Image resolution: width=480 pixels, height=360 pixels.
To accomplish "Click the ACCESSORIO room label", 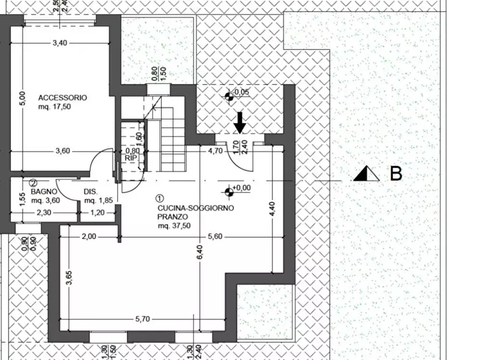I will (62, 98).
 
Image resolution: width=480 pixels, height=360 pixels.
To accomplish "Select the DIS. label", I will (90, 191).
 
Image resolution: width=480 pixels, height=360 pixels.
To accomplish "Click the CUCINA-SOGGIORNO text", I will (196, 208).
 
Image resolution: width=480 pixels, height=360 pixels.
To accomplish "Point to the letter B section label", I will (396, 174).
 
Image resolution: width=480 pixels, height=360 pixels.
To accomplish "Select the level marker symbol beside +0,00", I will (230, 190).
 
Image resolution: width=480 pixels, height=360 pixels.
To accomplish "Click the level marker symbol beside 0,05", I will (229, 96).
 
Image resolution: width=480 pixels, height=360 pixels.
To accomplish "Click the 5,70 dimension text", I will (142, 319).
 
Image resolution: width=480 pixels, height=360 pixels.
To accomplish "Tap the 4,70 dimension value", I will (215, 151).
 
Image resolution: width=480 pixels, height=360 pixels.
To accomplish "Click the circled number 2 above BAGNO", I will (33, 183).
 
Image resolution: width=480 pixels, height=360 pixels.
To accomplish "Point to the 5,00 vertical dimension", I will (22, 98).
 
